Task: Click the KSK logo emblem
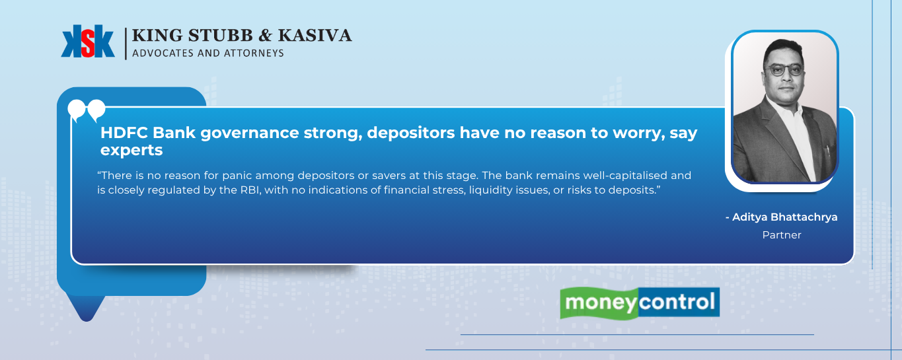(88, 41)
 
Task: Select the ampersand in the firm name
(265, 36)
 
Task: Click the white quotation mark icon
(87, 110)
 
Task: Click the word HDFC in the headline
(124, 133)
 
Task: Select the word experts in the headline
(132, 151)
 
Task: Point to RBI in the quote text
(250, 190)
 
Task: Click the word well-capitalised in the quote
(625, 176)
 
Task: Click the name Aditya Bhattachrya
(784, 217)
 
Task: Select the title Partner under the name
(782, 234)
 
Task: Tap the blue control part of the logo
(679, 302)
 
